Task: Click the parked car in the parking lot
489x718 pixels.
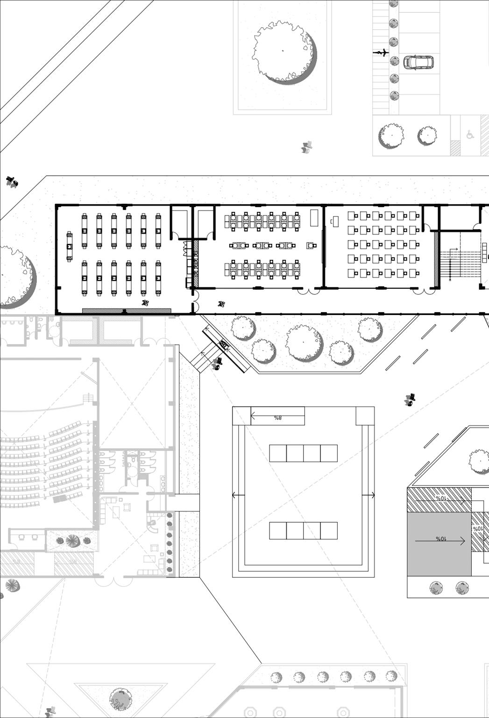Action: click(418, 62)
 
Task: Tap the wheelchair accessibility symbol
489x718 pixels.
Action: click(470, 135)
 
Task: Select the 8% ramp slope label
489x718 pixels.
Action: click(278, 417)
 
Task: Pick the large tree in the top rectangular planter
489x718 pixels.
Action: click(283, 51)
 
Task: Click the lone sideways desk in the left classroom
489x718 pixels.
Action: click(70, 246)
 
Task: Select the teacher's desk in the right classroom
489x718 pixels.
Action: click(335, 221)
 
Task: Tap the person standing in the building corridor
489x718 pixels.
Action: click(221, 304)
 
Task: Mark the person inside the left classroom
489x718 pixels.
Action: click(146, 303)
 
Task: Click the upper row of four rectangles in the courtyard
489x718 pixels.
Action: click(303, 453)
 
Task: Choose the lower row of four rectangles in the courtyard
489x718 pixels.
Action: click(303, 531)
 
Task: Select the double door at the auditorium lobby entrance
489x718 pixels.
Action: click(112, 581)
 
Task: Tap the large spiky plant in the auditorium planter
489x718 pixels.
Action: click(72, 541)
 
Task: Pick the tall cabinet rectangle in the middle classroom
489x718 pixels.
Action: click(314, 218)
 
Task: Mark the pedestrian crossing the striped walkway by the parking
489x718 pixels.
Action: click(382, 53)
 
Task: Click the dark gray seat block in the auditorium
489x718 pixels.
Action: click(60, 499)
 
